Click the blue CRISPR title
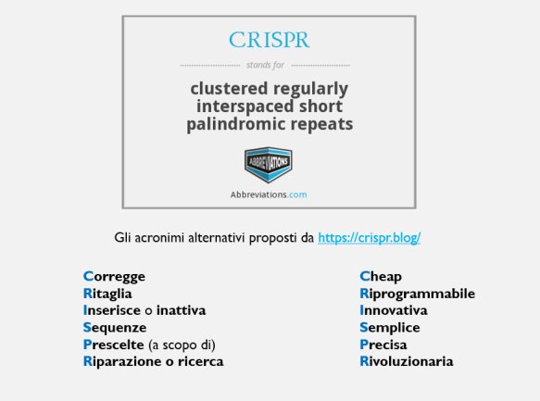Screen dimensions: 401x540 (269, 41)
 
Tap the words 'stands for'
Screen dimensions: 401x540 (265, 66)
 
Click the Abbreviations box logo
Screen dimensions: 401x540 (269, 165)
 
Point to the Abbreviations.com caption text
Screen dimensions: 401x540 (269, 194)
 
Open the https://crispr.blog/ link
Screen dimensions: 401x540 (369, 238)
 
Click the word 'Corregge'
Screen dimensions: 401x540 (115, 276)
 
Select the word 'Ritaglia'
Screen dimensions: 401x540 (107, 294)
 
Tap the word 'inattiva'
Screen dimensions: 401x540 (181, 310)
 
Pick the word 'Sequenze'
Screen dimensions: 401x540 (115, 328)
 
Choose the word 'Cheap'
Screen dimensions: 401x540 (381, 276)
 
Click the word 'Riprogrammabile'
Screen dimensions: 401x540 (417, 294)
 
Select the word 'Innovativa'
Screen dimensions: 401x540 (394, 310)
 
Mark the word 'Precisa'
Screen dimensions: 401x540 (383, 345)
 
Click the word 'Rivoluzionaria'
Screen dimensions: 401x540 (407, 361)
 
